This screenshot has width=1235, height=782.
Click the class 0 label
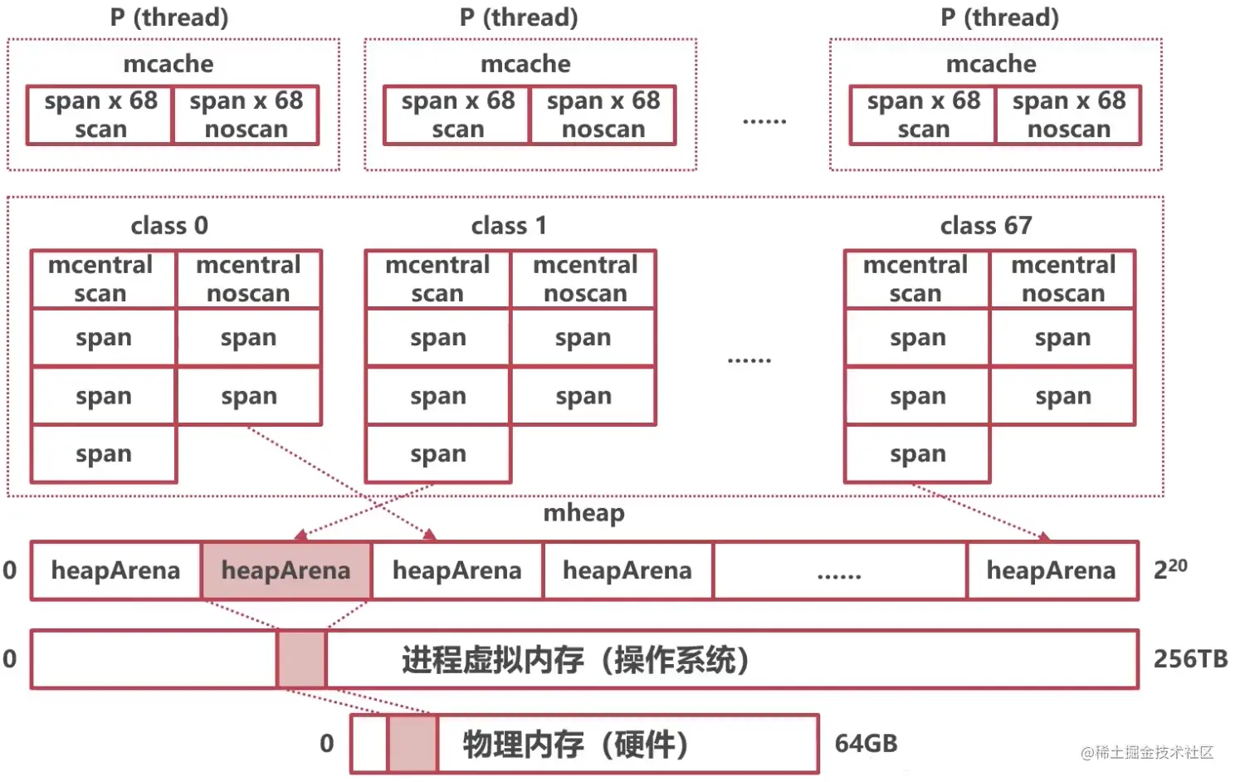pos(169,226)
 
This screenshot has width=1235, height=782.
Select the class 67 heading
pos(985,226)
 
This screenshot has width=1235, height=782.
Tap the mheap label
pos(583,513)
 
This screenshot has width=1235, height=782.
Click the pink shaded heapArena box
pos(286,570)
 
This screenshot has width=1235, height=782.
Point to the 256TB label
pos(1190,659)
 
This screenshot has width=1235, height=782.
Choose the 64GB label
pos(866,743)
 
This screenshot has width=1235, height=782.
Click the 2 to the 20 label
pos(1170,569)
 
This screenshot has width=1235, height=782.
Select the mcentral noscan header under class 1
pos(584,279)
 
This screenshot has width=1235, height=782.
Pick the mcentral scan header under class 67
pos(915,279)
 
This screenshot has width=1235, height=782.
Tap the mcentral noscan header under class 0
pos(248,279)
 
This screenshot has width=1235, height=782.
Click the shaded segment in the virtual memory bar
pos(301,659)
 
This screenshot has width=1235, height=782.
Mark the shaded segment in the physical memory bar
pos(412,743)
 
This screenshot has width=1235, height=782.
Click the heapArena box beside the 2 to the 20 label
pos(1051,570)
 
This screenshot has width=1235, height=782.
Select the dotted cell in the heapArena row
pos(839,570)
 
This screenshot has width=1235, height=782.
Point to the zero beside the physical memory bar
pos(327,743)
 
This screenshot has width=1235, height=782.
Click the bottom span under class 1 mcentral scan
pos(437,454)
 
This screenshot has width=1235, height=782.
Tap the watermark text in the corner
pos(1146,752)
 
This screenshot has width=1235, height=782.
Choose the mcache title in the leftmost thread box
pos(168,64)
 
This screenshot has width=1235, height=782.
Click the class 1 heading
pos(509,226)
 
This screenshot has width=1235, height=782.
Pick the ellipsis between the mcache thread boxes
pos(764,121)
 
